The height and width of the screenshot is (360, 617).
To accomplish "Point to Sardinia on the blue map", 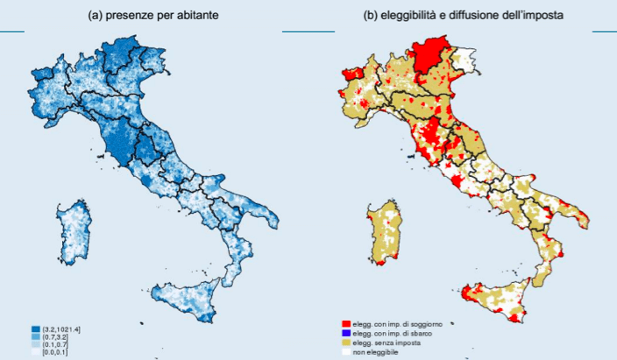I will [74, 232].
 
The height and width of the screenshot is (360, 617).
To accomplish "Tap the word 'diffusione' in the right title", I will [479, 16].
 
